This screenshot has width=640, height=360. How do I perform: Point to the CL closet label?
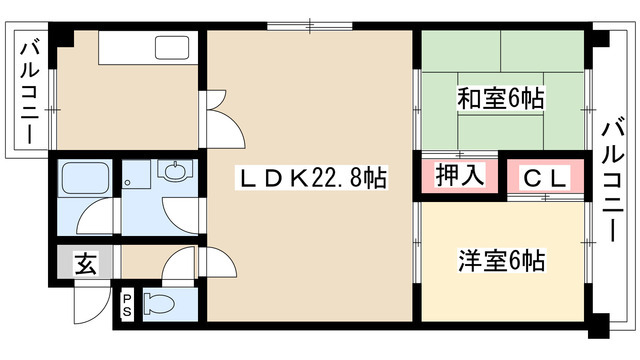546,178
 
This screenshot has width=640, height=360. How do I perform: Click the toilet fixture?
159,303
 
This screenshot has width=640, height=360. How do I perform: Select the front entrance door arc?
90,305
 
